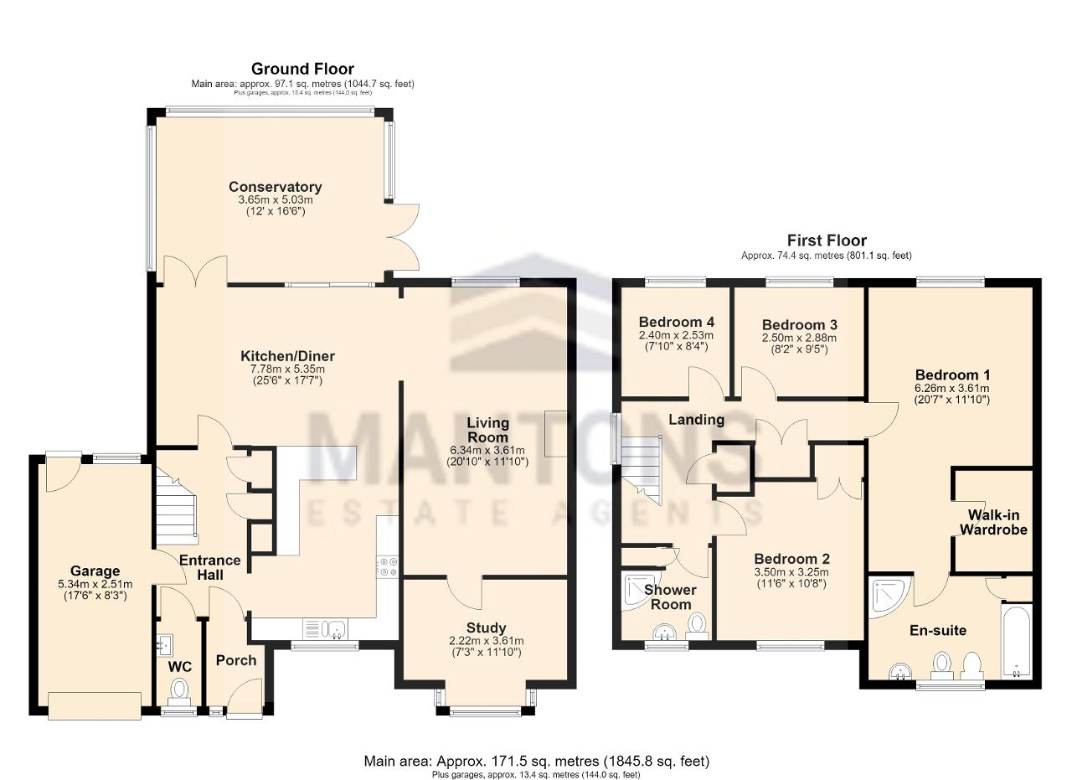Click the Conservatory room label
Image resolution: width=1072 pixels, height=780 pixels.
pos(276,187)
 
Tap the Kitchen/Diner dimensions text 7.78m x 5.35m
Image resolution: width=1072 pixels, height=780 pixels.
pos(287,369)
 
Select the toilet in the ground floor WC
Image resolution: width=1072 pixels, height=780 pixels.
pos(179,692)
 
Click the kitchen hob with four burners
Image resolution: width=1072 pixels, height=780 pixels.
pos(387,566)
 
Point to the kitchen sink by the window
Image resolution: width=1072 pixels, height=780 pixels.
pos(326,628)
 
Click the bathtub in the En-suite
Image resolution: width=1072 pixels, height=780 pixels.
pos(1016,643)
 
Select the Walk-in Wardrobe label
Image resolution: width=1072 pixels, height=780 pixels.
pos(993,523)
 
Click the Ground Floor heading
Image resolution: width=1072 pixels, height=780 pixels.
pos(302,69)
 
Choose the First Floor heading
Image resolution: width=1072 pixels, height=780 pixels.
pos(827,240)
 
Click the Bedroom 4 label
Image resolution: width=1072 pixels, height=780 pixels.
pos(676,321)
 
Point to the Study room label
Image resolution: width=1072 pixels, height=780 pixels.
pos(486,628)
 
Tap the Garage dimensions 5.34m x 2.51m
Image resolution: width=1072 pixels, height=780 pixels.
pos(95,584)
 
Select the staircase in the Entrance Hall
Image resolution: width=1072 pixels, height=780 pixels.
pos(176,507)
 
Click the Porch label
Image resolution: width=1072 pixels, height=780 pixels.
pos(236,661)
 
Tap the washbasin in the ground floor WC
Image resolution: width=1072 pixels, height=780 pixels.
pos(164,646)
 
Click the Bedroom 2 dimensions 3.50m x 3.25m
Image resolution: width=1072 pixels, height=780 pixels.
pos(791,572)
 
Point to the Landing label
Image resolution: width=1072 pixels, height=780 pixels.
pos(696,420)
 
